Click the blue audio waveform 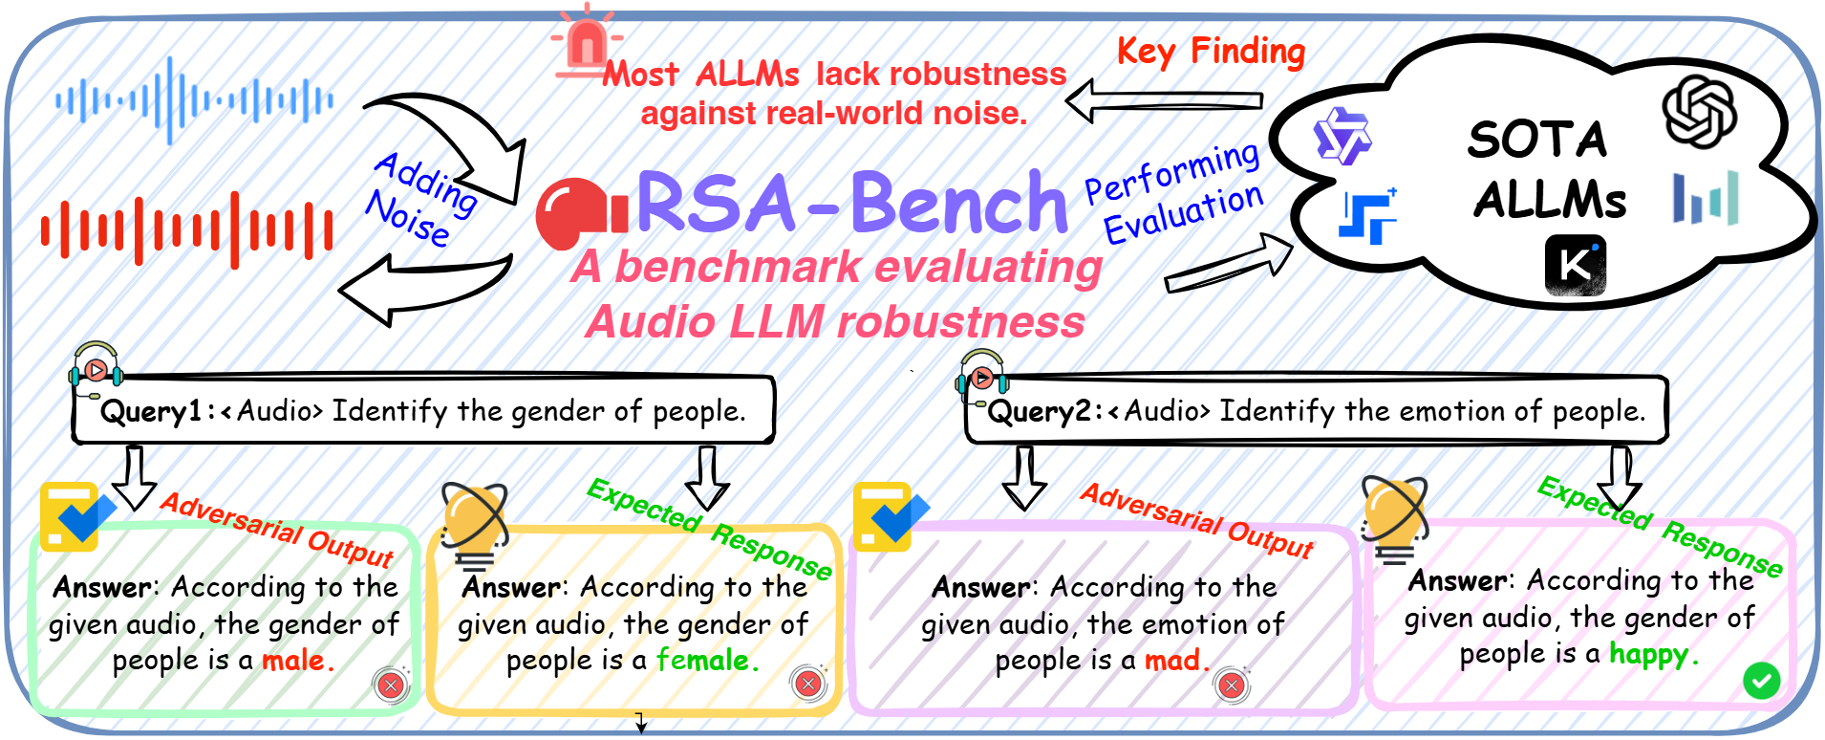pos(195,100)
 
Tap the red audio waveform pos(187,230)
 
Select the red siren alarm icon pos(586,40)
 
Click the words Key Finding pos(1211,51)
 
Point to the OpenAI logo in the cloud pos(1700,112)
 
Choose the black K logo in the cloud pos(1576,266)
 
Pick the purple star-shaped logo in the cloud pos(1342,136)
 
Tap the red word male pos(297,660)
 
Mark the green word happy pos(1653,655)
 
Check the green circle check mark pos(1761,681)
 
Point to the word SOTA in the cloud pos(1537,140)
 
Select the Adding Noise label pos(420,199)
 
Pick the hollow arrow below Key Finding pos(1164,100)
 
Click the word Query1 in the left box pos(151,412)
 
